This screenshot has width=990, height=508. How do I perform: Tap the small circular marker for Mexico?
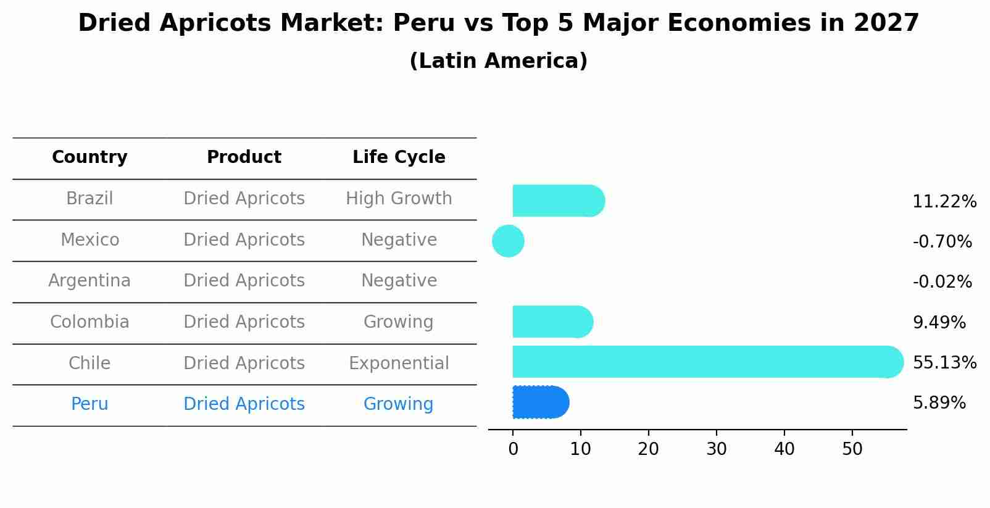(508, 241)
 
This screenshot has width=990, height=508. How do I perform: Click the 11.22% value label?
(944, 202)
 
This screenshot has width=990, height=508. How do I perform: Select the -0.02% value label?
(942, 282)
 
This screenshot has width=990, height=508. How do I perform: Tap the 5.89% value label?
(939, 403)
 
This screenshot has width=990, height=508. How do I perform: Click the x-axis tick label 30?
(716, 449)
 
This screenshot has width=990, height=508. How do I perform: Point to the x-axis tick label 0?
(513, 449)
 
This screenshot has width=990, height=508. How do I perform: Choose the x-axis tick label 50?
(852, 449)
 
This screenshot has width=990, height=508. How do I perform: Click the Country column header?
(89, 157)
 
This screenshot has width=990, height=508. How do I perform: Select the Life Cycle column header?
(399, 157)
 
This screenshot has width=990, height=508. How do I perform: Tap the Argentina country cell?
(89, 281)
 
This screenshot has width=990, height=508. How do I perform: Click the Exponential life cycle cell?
(399, 363)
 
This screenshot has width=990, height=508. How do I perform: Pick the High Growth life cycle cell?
(399, 199)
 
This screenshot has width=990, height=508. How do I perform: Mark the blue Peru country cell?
(89, 404)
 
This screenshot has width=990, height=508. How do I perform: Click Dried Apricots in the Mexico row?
(244, 239)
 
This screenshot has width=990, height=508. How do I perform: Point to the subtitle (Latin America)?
(498, 61)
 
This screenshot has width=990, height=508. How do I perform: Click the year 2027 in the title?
(886, 23)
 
